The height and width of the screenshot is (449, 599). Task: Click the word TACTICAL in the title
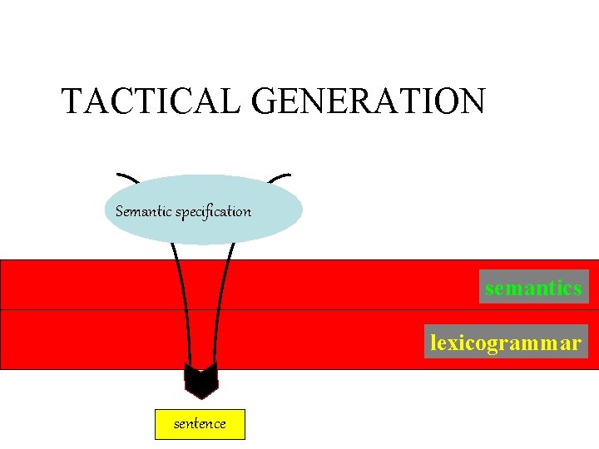click(151, 101)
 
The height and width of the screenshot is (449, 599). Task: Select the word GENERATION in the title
click(368, 101)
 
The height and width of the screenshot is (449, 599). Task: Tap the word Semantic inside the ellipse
click(143, 211)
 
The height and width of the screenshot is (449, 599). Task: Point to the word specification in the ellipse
click(213, 211)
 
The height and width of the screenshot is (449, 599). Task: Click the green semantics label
click(533, 289)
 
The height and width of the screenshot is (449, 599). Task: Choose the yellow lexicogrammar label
click(506, 342)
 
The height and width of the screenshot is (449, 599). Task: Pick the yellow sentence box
click(200, 424)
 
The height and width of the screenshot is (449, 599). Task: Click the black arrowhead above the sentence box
click(200, 381)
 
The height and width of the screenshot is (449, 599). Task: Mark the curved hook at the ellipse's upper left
click(127, 177)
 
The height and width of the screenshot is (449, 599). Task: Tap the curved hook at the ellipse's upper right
click(280, 176)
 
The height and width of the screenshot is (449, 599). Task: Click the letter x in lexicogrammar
click(453, 342)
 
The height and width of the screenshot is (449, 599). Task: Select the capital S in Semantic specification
click(120, 211)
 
